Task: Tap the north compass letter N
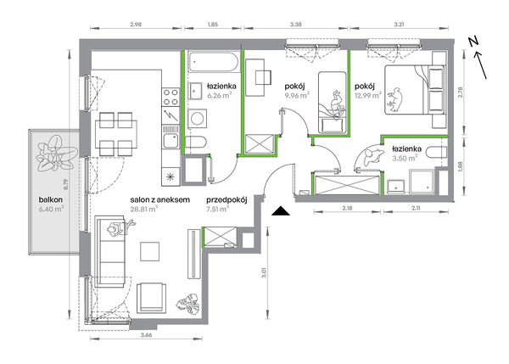pos(473,42)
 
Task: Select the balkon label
pos(51,199)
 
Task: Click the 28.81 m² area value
pos(144,209)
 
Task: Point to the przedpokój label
pos(227,200)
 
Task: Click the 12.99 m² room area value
pos(368,95)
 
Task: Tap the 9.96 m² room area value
pos(297,95)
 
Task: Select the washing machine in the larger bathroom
pos(197,119)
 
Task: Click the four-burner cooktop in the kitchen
pos(171,97)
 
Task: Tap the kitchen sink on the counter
pos(171,137)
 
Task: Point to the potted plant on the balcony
pos(57,154)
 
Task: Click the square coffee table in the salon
pos(149,251)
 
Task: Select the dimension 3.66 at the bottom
pos(147,335)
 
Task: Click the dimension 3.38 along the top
pos(296,24)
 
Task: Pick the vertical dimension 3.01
pos(264,272)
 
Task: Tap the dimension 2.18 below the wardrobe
pos(347,208)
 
